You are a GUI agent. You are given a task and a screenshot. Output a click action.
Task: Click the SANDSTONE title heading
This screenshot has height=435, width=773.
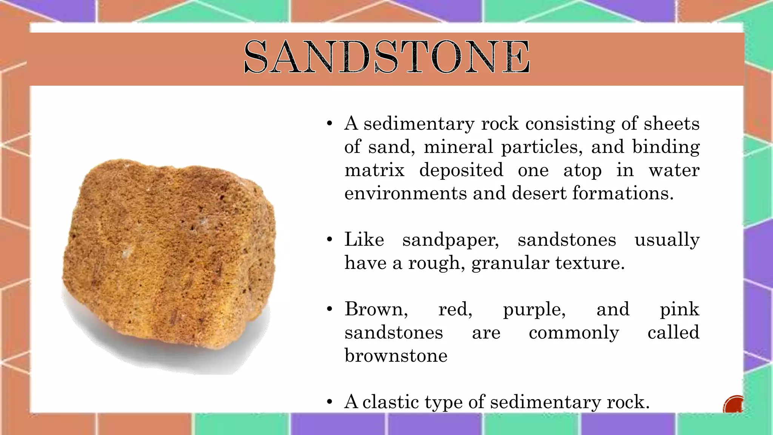coord(386,57)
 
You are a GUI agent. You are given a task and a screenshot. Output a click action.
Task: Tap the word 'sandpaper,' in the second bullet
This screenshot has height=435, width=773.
coord(451,240)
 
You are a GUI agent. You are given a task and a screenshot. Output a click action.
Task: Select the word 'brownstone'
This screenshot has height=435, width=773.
coord(396,356)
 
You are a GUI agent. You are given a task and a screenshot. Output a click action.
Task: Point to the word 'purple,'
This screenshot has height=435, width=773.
coord(534,310)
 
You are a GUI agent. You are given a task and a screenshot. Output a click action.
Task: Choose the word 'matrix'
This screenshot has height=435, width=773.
coord(374,170)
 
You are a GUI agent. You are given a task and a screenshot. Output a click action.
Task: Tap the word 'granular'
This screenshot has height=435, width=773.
coord(509,263)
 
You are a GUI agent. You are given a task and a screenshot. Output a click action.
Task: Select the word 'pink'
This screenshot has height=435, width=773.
coord(679,310)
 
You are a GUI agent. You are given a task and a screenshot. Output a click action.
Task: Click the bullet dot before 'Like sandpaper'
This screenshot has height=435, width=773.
coord(330,240)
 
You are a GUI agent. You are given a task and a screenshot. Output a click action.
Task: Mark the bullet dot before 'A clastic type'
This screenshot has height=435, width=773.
coord(330,402)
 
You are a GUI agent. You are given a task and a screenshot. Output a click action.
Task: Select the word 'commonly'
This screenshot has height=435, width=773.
coord(574,333)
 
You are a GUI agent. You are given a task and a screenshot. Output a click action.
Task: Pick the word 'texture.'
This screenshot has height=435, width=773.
coord(590,263)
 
